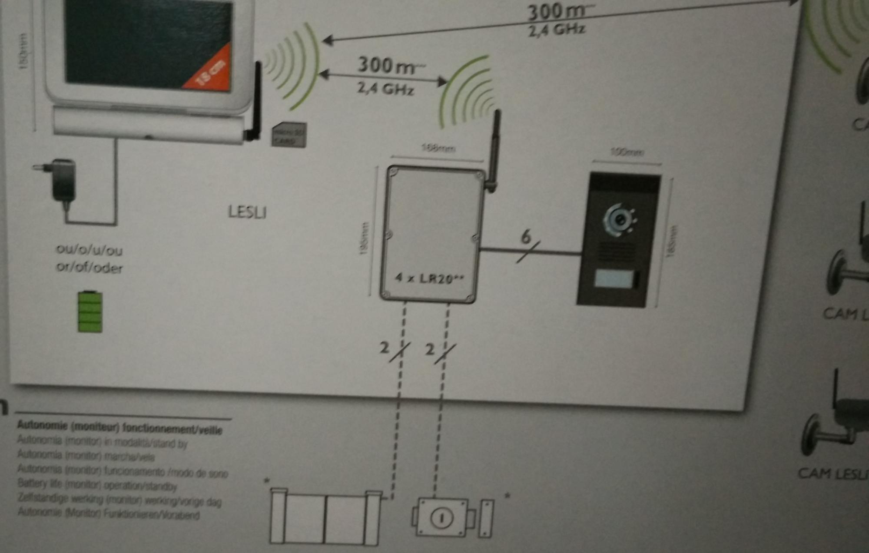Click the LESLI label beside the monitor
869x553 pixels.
[247, 212]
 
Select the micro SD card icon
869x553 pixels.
[289, 135]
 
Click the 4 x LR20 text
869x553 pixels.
[429, 278]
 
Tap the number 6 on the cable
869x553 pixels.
[526, 237]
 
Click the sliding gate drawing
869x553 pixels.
[325, 517]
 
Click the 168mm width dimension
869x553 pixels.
[438, 149]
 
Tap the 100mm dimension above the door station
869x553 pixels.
[627, 152]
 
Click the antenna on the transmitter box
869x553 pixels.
[495, 148]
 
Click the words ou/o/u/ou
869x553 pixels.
[90, 250]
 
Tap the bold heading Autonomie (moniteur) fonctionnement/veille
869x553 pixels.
[119, 428]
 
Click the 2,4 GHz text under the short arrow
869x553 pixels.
[385, 89]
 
